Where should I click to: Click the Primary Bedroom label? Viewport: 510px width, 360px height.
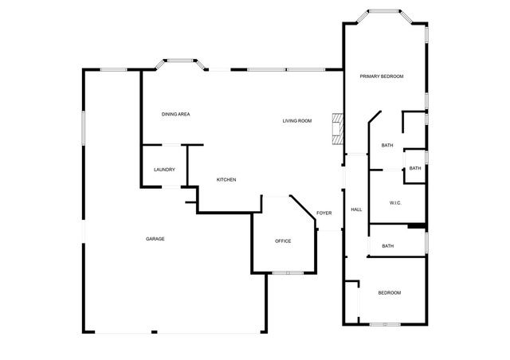pyautogui.click(x=381, y=76)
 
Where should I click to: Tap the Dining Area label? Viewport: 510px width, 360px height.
pyautogui.click(x=175, y=114)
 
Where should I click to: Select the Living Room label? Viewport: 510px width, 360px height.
pyautogui.click(x=296, y=121)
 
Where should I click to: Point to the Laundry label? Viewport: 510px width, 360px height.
pyautogui.click(x=164, y=170)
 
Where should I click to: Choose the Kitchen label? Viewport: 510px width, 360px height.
pyautogui.click(x=226, y=180)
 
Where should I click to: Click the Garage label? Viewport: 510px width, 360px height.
pyautogui.click(x=155, y=239)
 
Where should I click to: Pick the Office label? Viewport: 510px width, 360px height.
pyautogui.click(x=283, y=241)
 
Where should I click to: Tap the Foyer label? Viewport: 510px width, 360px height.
pyautogui.click(x=324, y=213)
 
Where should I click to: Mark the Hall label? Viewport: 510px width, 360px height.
pyautogui.click(x=356, y=209)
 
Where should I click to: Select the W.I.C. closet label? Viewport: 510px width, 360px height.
pyautogui.click(x=395, y=203)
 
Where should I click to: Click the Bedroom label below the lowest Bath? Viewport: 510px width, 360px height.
pyautogui.click(x=389, y=293)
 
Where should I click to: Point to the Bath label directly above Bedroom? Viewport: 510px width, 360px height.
pyautogui.click(x=387, y=246)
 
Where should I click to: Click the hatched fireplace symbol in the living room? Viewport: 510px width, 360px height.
pyautogui.click(x=338, y=127)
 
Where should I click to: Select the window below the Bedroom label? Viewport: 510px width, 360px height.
pyautogui.click(x=385, y=323)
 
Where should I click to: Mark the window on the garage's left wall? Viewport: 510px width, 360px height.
pyautogui.click(x=83, y=127)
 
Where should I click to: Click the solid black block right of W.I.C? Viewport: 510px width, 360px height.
pyautogui.click(x=416, y=227)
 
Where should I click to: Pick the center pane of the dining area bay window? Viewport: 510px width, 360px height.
pyautogui.click(x=179, y=58)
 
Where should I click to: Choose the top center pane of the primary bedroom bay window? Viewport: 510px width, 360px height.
pyautogui.click(x=384, y=11)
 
